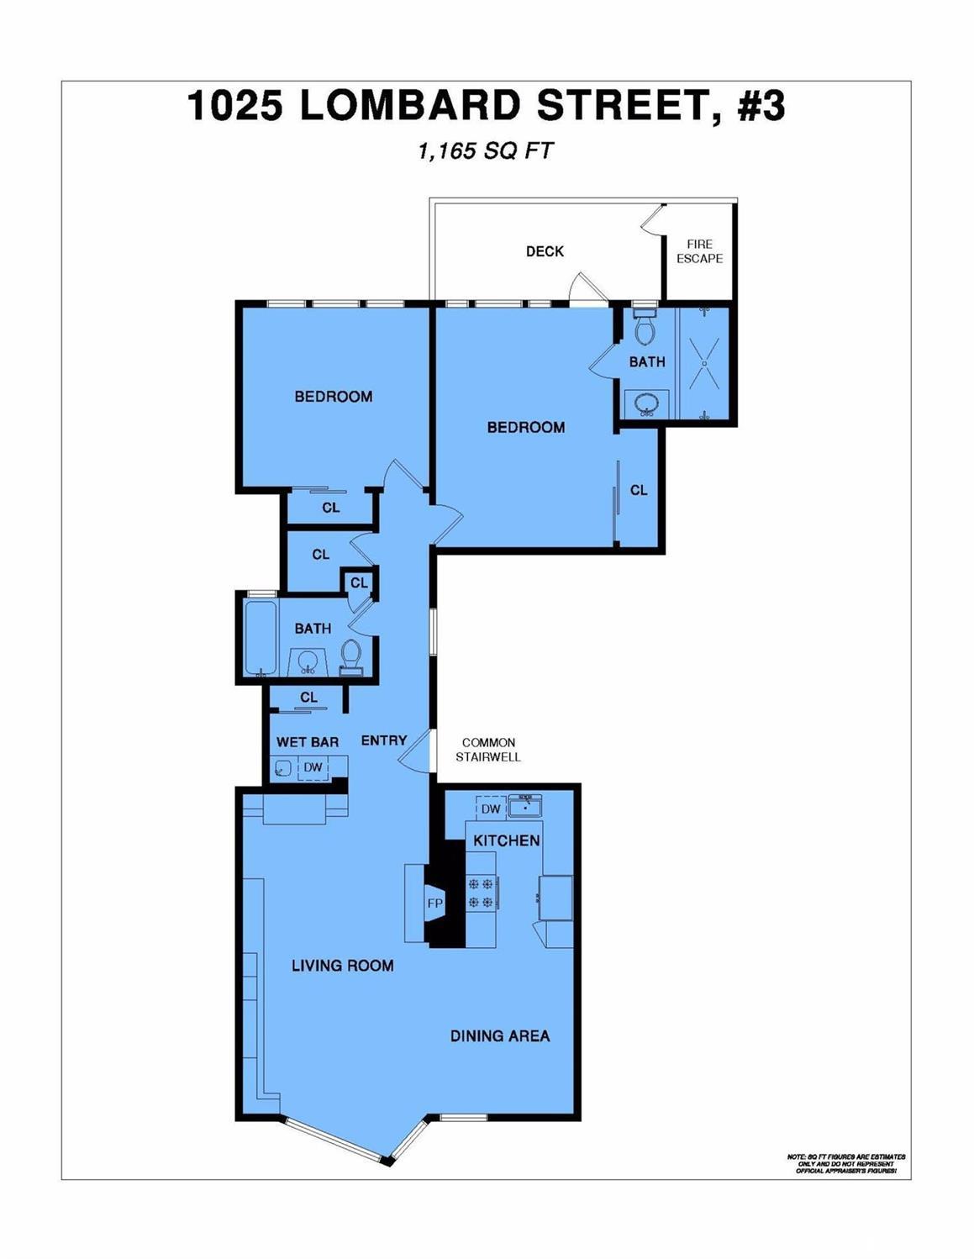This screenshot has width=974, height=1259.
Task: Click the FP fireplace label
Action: pos(434,903)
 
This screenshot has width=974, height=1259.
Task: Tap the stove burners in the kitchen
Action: pos(481,893)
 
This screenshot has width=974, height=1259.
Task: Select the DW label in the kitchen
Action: pos(491,809)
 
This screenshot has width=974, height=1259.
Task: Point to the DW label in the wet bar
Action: pos(313,767)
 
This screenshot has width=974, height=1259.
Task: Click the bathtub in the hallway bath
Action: pos(260,637)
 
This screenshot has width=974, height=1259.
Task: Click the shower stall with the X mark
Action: pos(704,364)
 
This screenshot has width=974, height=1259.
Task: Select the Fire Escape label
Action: pos(699,251)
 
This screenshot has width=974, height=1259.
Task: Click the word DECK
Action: pos(545,251)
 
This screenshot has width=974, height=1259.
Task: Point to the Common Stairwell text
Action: pos(488,750)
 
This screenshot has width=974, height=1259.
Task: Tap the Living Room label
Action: pos(342,966)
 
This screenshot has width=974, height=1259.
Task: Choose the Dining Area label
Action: pos(500,1036)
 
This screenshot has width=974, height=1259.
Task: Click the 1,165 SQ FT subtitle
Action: pos(486,151)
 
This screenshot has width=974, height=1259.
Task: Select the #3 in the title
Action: pos(761,106)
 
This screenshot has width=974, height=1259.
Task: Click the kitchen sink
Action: pos(527,807)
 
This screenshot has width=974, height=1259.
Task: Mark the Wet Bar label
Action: pos(308,742)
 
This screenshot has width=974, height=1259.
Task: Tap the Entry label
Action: pos(384,740)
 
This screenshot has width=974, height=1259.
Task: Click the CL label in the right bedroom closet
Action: pos(639,490)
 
